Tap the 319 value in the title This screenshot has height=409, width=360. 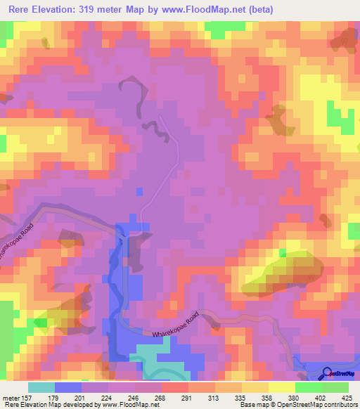[x=100, y=10]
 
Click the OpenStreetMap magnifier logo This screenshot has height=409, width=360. [x=327, y=373]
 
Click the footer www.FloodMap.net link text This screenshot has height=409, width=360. [x=131, y=405]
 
